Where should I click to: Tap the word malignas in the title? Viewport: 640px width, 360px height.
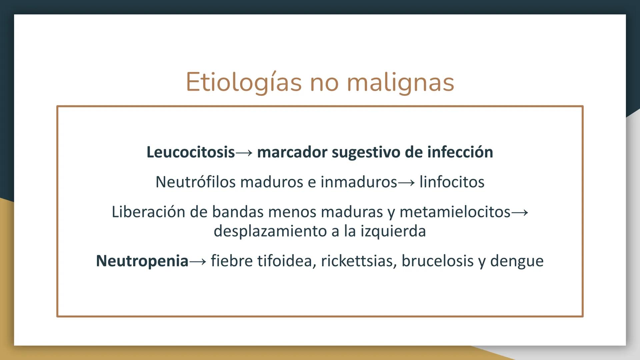click(400, 82)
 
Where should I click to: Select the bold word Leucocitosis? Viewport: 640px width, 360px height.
click(191, 152)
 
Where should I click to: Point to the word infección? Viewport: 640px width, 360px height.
click(460, 152)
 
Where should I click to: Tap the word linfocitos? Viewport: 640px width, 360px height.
click(452, 182)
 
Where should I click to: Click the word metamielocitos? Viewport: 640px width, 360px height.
click(455, 212)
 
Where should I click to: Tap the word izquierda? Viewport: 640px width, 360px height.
click(393, 231)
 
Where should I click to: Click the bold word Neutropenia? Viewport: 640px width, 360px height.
click(142, 261)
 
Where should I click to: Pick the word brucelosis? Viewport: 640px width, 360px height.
click(437, 261)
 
